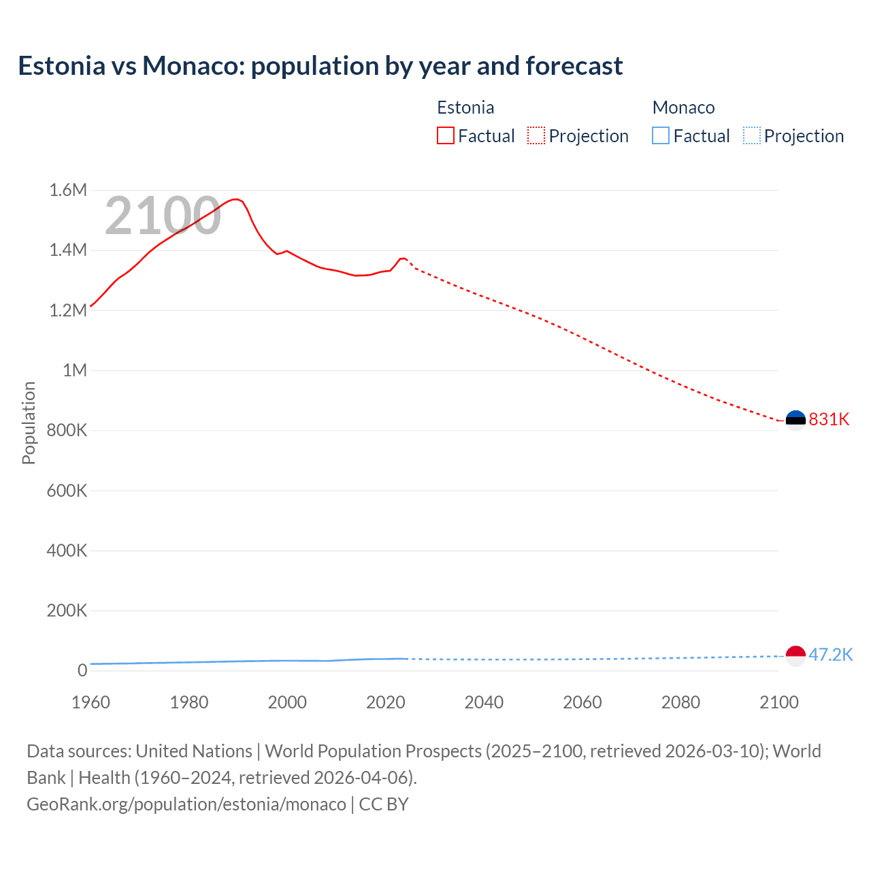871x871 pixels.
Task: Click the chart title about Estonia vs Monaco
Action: [320, 66]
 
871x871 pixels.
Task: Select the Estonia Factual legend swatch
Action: [445, 136]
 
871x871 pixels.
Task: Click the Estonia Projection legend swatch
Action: [536, 136]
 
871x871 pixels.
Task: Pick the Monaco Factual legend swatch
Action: [660, 136]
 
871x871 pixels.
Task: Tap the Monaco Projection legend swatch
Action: [751, 136]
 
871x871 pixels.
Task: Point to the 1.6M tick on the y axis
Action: [68, 191]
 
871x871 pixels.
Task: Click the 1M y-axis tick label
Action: [74, 370]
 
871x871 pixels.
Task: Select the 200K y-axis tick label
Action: [67, 610]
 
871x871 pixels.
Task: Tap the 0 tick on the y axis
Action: [82, 670]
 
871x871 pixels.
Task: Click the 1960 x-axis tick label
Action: [91, 702]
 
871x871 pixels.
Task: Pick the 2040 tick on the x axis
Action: [484, 702]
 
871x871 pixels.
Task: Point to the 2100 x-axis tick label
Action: [778, 702]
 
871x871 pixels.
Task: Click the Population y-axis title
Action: [29, 423]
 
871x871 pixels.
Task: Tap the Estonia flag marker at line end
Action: [795, 421]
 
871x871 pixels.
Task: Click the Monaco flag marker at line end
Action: [795, 655]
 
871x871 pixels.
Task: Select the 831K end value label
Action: [829, 419]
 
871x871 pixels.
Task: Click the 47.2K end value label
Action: [830, 655]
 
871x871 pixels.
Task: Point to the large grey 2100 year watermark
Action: [163, 216]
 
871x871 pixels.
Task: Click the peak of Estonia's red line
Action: [235, 199]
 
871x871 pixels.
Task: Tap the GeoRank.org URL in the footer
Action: [186, 804]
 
